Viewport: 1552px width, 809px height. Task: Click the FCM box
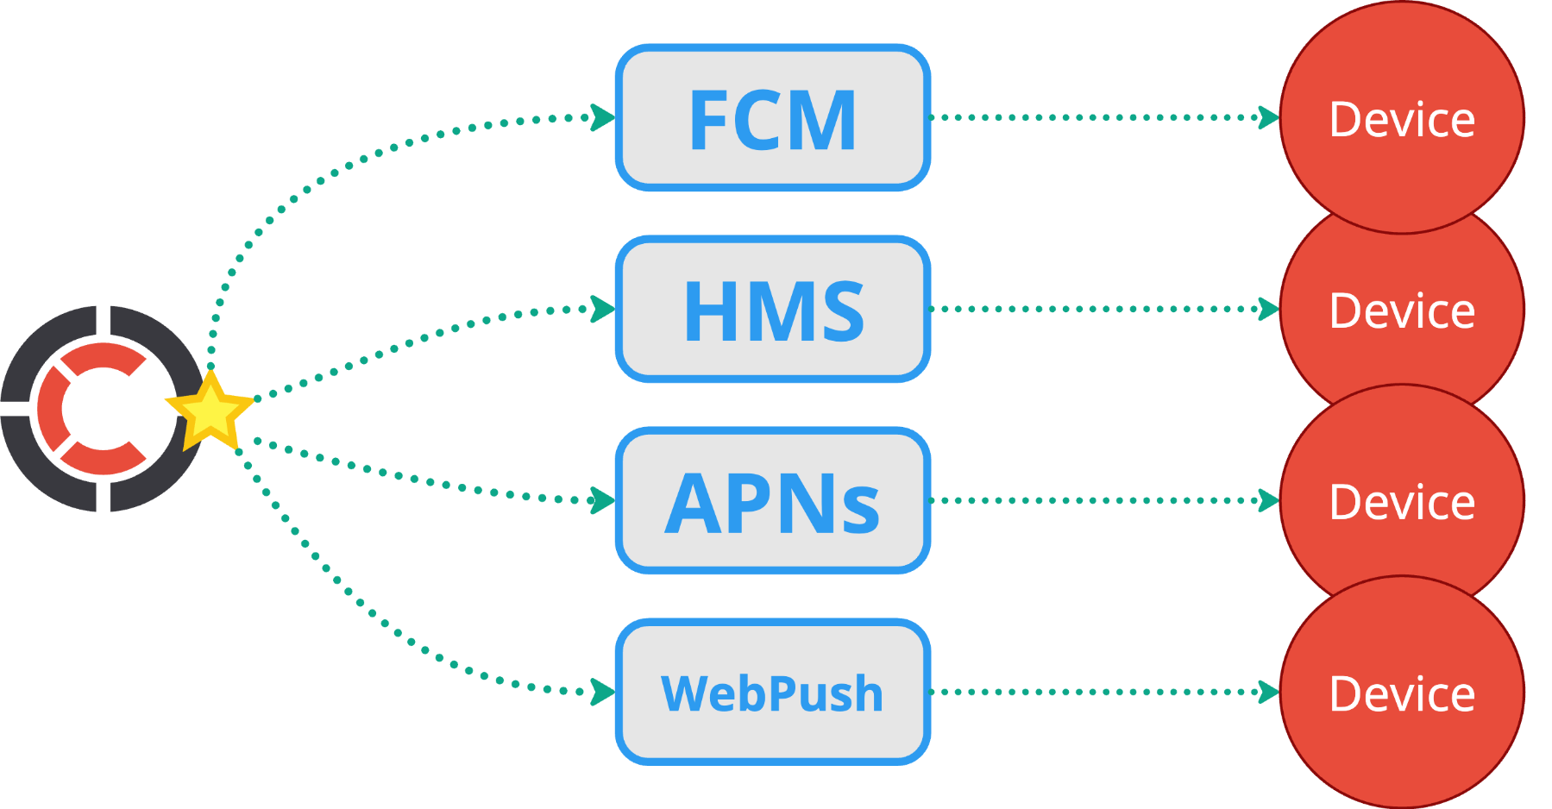773,117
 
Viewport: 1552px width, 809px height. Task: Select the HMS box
773,309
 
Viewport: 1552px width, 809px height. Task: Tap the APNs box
773,500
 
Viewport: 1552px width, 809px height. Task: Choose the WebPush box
773,692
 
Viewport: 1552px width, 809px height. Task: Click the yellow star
210,412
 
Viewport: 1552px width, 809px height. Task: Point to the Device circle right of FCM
1402,117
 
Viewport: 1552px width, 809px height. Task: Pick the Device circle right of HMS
1402,309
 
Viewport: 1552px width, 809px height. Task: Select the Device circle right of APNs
1402,500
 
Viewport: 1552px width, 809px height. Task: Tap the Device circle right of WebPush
1402,692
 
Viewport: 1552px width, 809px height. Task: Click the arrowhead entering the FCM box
603,117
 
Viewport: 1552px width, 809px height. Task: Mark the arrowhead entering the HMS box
603,309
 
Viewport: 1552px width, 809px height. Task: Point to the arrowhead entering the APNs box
603,500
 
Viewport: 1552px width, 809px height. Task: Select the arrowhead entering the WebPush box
603,692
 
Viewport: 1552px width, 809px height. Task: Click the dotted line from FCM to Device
1104,117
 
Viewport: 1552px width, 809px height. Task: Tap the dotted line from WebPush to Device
1104,692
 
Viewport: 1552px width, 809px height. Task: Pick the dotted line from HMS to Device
1104,309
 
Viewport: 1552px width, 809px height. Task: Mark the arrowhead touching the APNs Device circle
1269,500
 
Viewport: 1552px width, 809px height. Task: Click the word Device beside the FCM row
1402,119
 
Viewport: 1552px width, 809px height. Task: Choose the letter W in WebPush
682,693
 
